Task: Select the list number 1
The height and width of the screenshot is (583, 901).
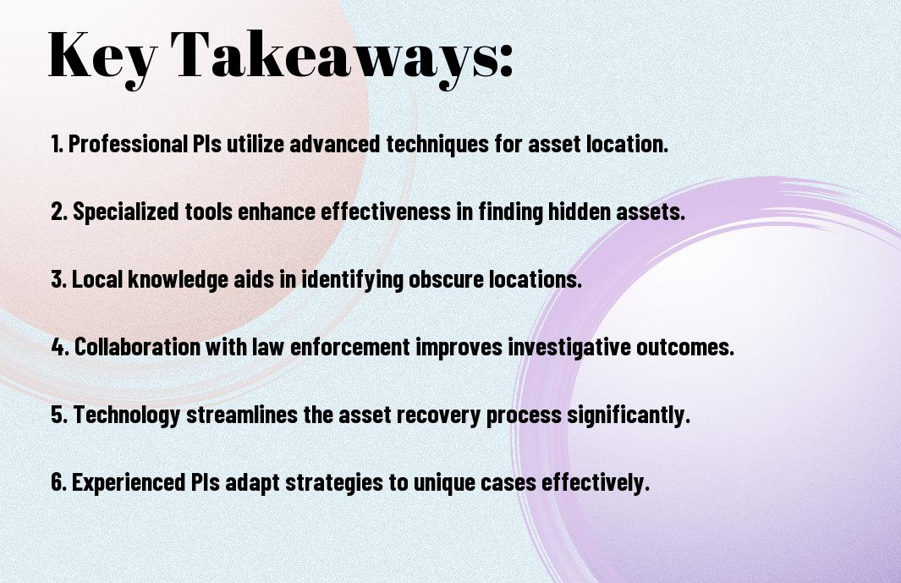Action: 57,144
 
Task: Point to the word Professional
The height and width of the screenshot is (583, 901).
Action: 128,144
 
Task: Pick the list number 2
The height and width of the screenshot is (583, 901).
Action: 59,212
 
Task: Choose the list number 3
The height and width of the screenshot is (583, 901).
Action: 58,279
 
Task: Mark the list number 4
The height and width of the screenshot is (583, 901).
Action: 60,347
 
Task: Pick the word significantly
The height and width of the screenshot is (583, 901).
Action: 629,415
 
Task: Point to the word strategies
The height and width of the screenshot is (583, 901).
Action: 334,483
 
